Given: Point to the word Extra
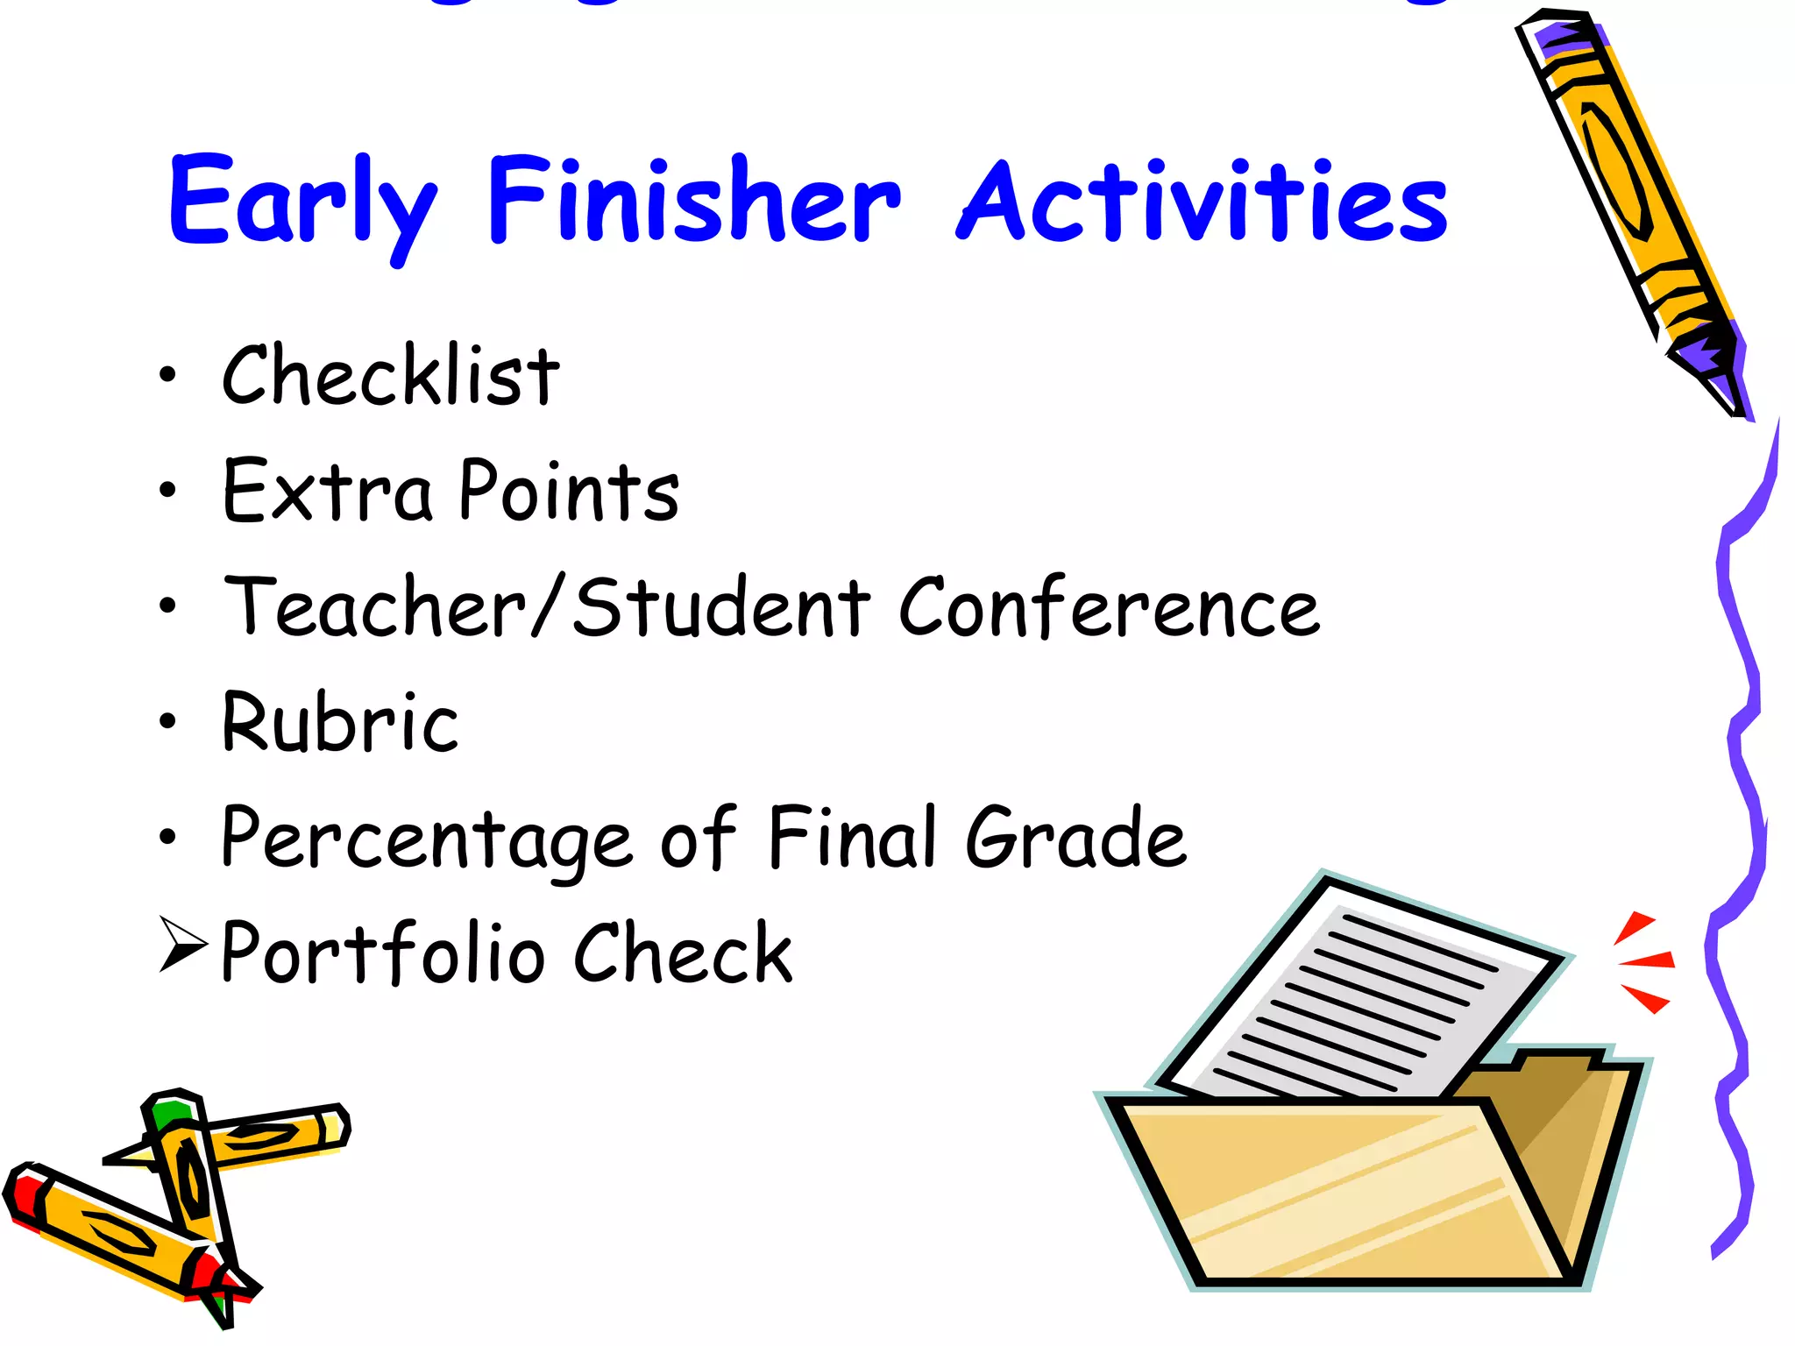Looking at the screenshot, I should [327, 492].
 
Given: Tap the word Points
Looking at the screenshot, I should [569, 492].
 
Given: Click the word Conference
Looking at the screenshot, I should [1109, 607].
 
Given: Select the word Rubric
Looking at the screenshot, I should [340, 723].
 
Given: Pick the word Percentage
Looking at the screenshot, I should [426, 839].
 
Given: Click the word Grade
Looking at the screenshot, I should [1075, 839].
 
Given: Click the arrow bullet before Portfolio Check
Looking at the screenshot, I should [182, 944].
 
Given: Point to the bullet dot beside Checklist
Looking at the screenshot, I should [167, 375].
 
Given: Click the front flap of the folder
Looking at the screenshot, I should [1341, 1192].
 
